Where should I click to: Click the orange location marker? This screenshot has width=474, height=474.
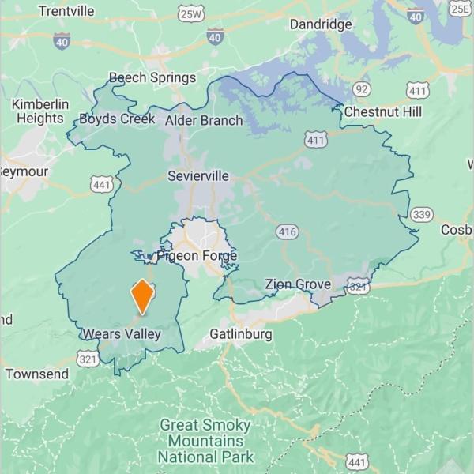142,296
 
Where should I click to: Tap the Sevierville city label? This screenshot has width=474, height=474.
197,176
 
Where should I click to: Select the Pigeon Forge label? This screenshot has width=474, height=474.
197,256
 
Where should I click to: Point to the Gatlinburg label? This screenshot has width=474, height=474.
241,334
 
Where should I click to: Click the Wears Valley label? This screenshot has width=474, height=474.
122,334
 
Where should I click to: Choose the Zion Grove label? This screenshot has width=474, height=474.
297,284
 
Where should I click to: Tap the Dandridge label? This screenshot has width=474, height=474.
321,24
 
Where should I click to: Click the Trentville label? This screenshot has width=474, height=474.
66,11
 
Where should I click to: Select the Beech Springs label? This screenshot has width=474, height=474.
152,77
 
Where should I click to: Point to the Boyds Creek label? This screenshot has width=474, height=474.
117,119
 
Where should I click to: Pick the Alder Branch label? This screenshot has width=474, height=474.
204,121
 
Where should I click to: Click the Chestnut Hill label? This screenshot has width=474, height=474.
382,112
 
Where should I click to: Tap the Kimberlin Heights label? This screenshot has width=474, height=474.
39,111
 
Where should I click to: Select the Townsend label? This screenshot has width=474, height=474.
37,374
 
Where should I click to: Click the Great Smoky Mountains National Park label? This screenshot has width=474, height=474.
205,441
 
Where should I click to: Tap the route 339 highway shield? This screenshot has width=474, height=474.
421,214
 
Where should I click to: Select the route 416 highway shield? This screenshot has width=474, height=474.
287,231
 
